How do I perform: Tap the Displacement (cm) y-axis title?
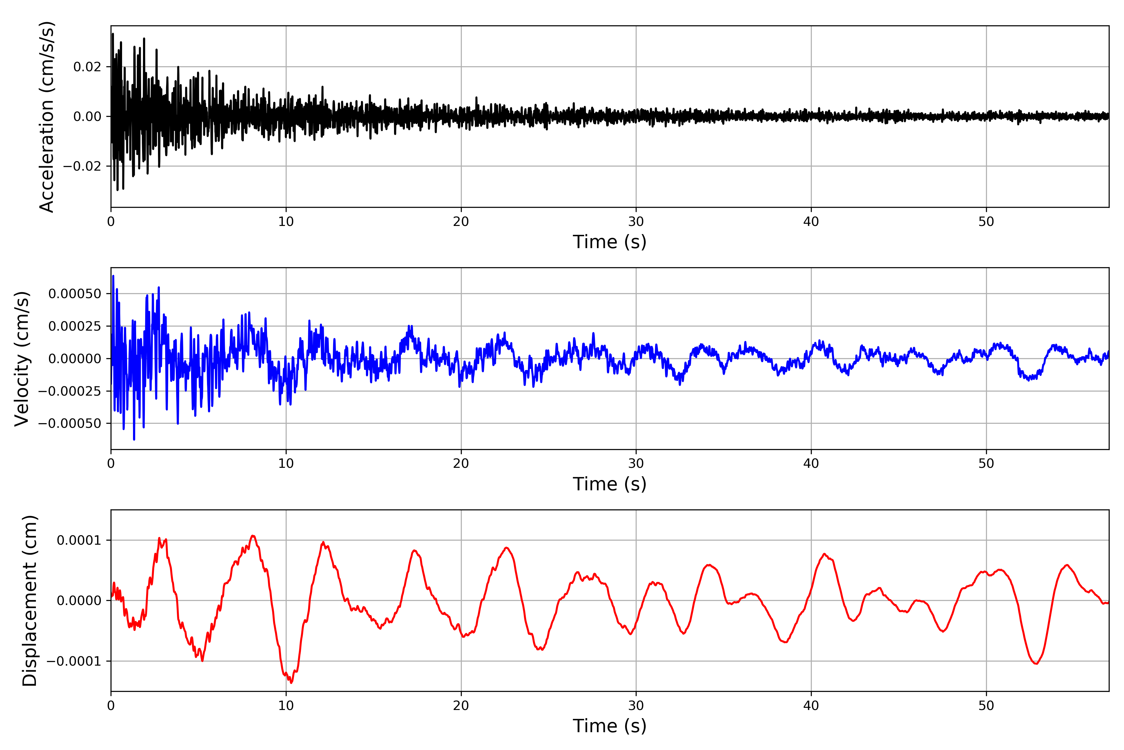point(30,600)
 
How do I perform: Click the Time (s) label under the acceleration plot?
point(609,242)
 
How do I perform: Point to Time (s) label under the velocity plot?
point(609,484)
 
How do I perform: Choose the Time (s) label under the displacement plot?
point(609,726)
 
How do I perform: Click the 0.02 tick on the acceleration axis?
point(87,67)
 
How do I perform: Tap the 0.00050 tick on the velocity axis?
point(75,294)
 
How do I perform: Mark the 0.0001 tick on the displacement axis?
point(79,541)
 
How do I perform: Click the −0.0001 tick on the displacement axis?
point(74,662)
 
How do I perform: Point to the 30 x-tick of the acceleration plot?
point(636,222)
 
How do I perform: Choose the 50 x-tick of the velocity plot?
point(986,463)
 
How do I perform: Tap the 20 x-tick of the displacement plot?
point(461,706)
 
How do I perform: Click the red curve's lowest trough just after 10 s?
point(292,682)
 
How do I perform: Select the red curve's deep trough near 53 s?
point(1036,664)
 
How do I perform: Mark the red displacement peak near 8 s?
point(253,536)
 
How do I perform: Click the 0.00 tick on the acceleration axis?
point(87,117)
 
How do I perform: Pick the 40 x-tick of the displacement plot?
point(811,706)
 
